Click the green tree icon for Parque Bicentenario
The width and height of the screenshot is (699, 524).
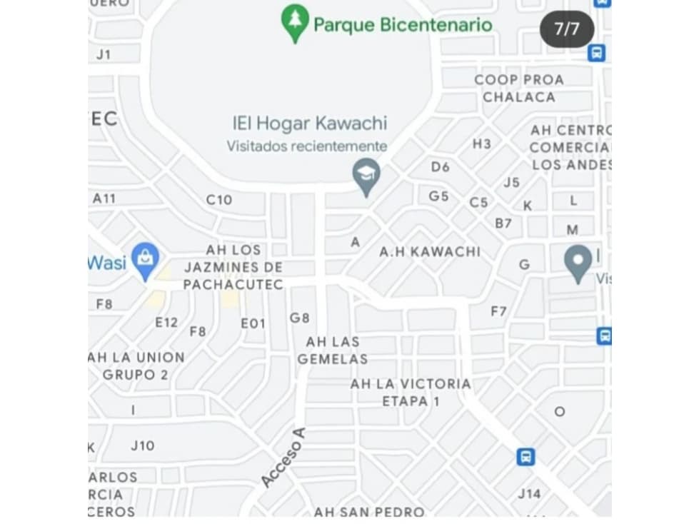click(295, 21)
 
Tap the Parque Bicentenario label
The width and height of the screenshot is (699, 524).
click(403, 26)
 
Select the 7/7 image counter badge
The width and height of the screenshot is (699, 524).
click(567, 29)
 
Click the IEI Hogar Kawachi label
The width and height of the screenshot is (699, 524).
click(309, 124)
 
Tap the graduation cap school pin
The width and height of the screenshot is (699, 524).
click(367, 176)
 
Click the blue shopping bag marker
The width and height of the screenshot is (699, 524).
click(146, 261)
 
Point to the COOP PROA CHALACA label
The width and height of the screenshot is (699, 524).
click(519, 89)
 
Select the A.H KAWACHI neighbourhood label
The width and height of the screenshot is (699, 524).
click(430, 251)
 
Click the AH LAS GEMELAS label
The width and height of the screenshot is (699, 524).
click(333, 351)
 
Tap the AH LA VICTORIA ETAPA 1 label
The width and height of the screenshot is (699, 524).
click(411, 393)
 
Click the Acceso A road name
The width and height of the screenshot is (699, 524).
click(283, 458)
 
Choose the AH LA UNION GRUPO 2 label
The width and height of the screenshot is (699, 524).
click(136, 366)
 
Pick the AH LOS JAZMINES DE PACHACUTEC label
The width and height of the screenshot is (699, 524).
click(233, 268)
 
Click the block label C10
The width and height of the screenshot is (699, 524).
click(219, 200)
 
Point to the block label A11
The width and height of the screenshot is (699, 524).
click(104, 198)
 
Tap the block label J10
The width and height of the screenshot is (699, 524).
click(142, 445)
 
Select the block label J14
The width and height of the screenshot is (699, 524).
click(529, 493)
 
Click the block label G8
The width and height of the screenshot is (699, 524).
click(300, 318)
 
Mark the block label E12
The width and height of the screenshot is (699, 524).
click(166, 323)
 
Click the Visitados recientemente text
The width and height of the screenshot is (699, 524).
click(307, 146)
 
